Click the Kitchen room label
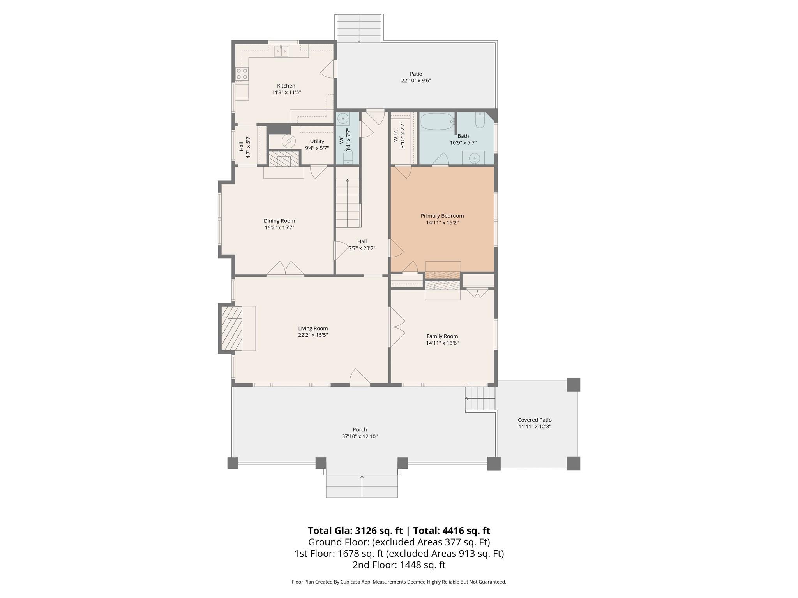286,86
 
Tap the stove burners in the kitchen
242,74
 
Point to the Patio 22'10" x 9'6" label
416,77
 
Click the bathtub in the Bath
436,121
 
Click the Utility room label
317,141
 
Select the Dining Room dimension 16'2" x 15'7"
279,228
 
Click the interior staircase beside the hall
347,203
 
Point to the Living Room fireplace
231,328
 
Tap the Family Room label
442,336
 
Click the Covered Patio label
534,420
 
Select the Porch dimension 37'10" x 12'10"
359,436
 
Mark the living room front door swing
359,377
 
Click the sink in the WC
343,118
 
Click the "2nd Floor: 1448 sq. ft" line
399,565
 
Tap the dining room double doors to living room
285,269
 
